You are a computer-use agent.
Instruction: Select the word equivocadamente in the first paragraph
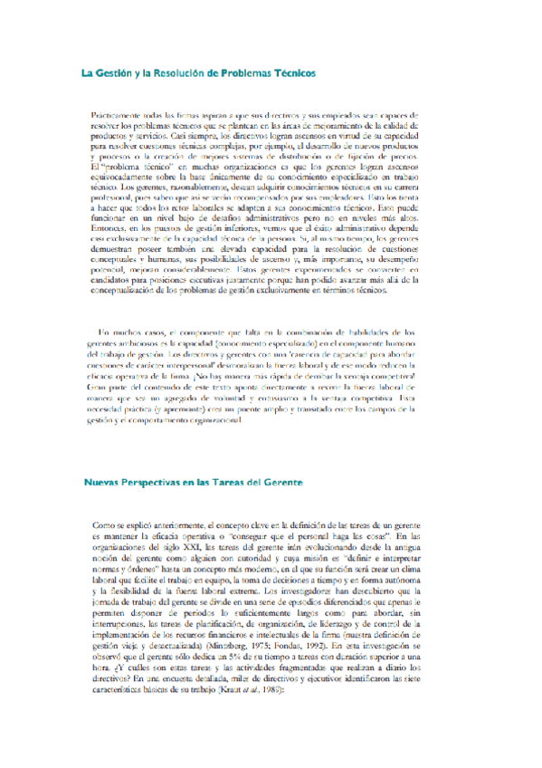click(x=127, y=179)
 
